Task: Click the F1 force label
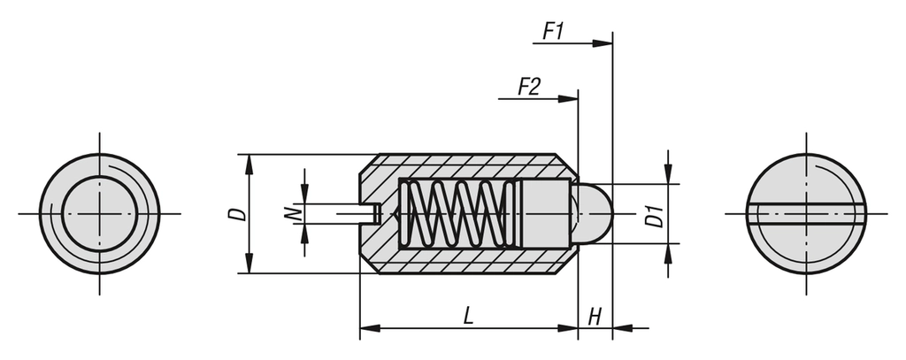click(x=553, y=31)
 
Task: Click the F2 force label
click(x=529, y=87)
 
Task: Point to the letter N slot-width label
click(x=293, y=214)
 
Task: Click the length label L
click(x=469, y=316)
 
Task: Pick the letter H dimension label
click(x=595, y=317)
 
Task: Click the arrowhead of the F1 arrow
click(x=603, y=43)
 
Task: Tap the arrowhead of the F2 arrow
click(x=568, y=99)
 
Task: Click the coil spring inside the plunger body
click(x=460, y=214)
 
